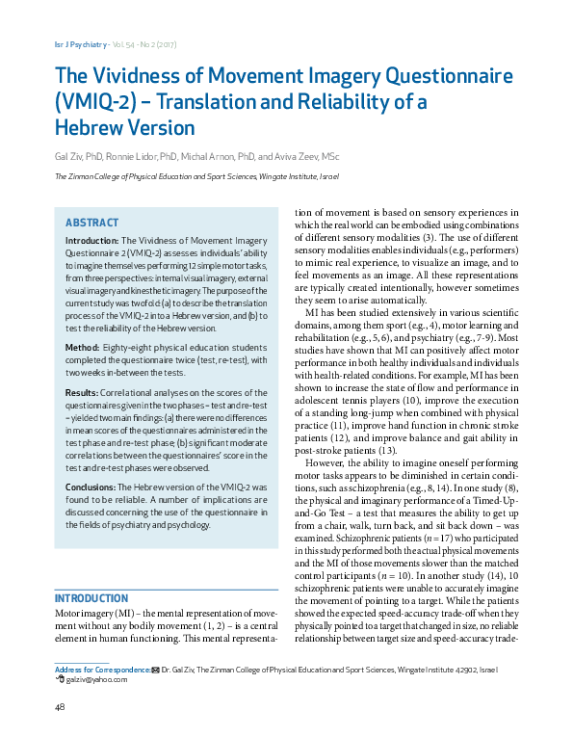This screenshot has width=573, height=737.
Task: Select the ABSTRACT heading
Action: [91, 222]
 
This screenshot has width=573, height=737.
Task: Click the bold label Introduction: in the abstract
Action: [92, 239]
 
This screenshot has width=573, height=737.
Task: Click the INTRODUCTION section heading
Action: [91, 598]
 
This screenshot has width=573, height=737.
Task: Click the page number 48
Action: [60, 709]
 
